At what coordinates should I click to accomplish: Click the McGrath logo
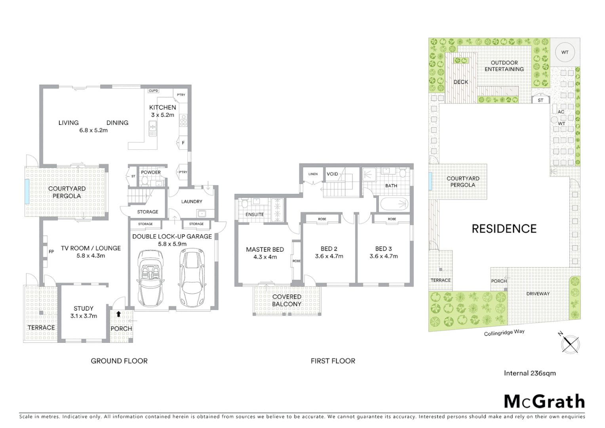tap(544, 401)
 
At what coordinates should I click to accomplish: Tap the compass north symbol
tap(570, 343)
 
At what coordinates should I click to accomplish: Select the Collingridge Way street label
tap(504, 332)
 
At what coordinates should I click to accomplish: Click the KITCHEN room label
tap(162, 107)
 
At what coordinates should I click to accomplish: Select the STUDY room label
tap(84, 308)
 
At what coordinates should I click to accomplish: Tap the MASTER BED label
tap(265, 250)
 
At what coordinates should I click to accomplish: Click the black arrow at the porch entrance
tap(118, 314)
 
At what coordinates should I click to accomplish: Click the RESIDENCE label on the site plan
tap(504, 229)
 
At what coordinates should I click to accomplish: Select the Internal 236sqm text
tap(529, 373)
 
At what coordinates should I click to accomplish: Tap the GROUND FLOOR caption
tap(119, 361)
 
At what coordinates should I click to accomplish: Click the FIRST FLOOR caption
tap(333, 361)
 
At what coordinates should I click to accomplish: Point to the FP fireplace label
tap(51, 252)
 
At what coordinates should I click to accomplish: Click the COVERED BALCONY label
tap(287, 300)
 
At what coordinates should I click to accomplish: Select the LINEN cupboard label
tap(313, 174)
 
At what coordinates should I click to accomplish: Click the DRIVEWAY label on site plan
tap(538, 294)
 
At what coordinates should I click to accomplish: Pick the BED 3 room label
tap(383, 249)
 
